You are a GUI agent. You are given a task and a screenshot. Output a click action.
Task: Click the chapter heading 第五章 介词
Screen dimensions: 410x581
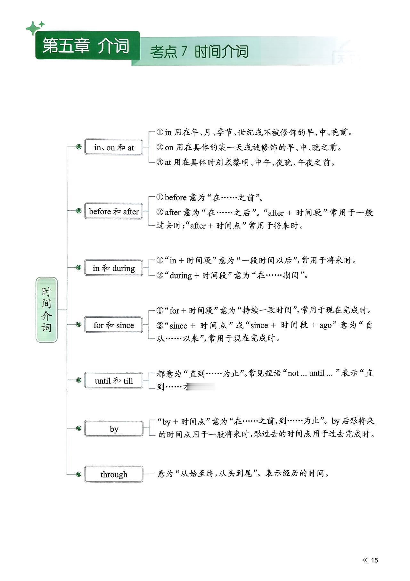point(86,46)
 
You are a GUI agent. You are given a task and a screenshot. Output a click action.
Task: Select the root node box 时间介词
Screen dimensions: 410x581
point(47,310)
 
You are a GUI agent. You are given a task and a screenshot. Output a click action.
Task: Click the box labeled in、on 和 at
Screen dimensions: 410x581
point(114,147)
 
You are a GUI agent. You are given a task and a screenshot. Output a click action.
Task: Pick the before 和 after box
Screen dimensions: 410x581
point(114,211)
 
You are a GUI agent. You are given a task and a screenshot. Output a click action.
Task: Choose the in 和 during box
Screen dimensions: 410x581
point(114,268)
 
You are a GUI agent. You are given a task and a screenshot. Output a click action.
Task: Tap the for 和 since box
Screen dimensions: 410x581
point(114,325)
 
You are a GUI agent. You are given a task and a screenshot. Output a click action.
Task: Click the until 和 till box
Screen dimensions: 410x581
point(114,381)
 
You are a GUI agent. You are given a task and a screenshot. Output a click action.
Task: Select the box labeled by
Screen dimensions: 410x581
point(114,429)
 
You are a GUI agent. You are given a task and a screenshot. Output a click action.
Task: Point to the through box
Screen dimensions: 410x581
point(114,474)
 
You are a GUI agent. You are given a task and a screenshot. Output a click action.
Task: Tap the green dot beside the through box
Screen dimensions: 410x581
point(78,474)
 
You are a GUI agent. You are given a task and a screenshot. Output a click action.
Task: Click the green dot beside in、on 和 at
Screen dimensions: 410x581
point(78,147)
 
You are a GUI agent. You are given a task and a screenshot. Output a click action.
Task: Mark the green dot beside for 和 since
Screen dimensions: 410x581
point(78,324)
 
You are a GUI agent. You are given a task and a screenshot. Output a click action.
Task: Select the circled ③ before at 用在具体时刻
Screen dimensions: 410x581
point(160,162)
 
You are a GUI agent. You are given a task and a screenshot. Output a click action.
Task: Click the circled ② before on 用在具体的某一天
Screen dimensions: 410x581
point(160,147)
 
